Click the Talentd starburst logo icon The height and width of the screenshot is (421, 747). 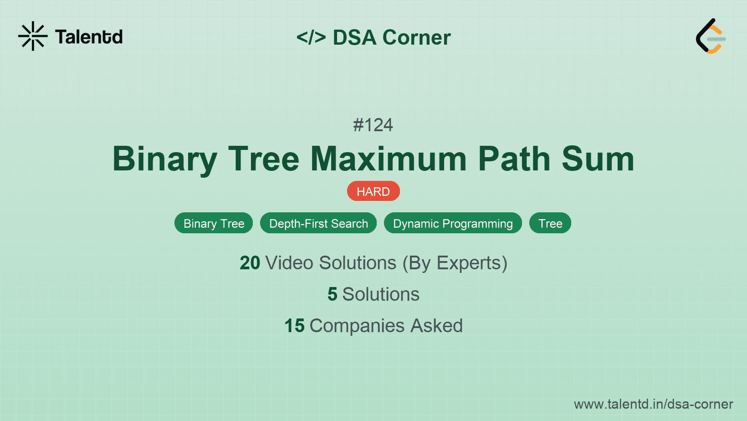[x=33, y=36]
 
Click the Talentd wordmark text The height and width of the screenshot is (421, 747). [x=89, y=37]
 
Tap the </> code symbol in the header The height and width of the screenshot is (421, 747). [x=311, y=37]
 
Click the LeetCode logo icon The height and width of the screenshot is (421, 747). [x=711, y=36]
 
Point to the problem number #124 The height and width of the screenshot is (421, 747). [x=373, y=125]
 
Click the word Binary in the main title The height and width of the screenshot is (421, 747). [x=164, y=159]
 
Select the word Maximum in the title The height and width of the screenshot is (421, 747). [x=389, y=159]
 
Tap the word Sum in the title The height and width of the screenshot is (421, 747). [x=598, y=159]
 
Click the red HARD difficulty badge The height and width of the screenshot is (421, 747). [x=373, y=191]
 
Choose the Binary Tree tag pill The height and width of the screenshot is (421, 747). [x=214, y=223]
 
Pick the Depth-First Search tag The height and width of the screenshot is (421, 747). [x=318, y=223]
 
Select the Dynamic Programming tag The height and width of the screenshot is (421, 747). [x=453, y=223]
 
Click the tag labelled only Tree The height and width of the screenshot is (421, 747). [x=550, y=223]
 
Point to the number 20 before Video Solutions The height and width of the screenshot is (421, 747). [x=250, y=263]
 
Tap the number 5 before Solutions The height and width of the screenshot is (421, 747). [x=333, y=294]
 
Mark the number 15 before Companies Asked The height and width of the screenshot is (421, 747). [x=294, y=326]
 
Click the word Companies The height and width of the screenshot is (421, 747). [x=357, y=326]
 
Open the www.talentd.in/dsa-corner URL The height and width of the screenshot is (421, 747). [x=653, y=404]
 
